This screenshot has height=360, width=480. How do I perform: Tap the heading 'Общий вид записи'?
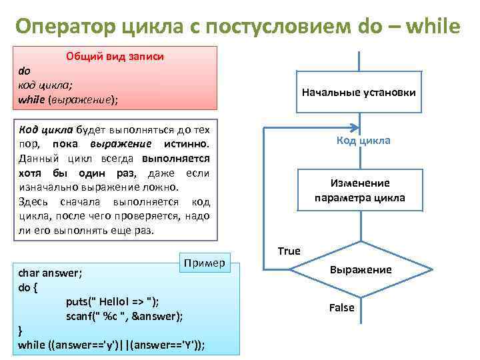(115, 57)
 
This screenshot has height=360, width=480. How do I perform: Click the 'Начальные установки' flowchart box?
(359, 92)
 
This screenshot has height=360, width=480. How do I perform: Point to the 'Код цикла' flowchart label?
(363, 141)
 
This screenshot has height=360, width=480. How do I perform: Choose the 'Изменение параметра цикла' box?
(360, 191)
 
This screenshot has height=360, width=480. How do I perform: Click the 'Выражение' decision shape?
(361, 270)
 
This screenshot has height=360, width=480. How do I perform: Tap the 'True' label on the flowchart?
(289, 251)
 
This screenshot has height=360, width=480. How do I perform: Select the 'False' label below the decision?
(342, 307)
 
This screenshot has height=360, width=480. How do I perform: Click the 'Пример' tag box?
(205, 262)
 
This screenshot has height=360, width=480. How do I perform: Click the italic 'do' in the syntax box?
(24, 71)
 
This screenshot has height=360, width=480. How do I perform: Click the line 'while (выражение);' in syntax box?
(67, 99)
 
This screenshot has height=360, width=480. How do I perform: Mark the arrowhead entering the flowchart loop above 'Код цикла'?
(359, 129)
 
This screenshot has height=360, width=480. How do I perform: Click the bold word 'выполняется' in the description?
(175, 159)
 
